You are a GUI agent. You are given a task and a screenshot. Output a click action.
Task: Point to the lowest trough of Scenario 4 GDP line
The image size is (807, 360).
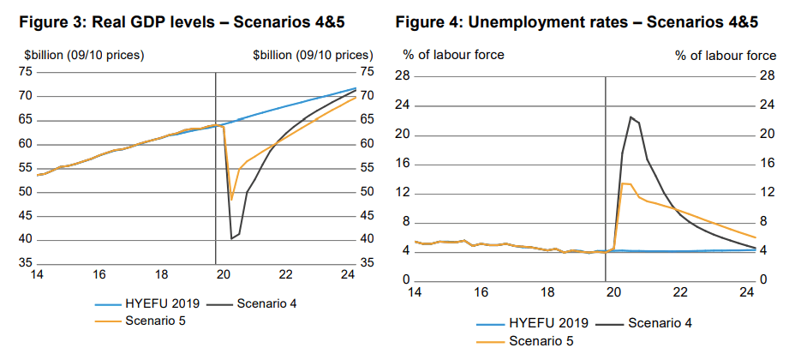[231, 238]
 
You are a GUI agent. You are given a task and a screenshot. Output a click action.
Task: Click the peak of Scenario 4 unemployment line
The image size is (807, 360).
[631, 117]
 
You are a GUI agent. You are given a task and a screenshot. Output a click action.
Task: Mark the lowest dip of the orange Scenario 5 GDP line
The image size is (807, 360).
[231, 200]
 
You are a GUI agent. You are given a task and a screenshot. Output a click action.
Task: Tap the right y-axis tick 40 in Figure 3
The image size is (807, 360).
[368, 239]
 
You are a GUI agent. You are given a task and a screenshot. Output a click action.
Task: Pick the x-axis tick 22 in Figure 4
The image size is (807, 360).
[680, 292]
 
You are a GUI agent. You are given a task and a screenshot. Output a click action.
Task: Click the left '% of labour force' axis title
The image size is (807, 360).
[454, 55]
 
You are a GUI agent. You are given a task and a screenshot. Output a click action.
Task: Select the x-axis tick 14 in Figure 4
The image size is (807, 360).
[415, 292]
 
